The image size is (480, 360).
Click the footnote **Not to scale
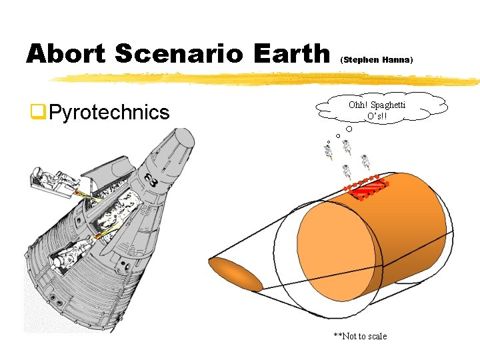point(360,336)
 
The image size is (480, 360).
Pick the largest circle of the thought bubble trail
point(349,129)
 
